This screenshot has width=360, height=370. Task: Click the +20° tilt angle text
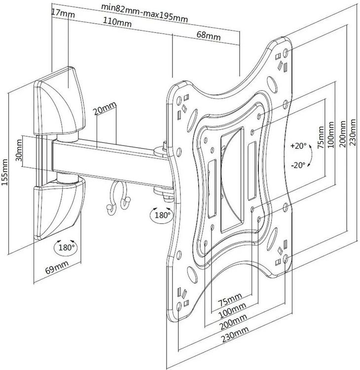[x=299, y=146]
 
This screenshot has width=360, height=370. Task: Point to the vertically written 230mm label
[x=352, y=130]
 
